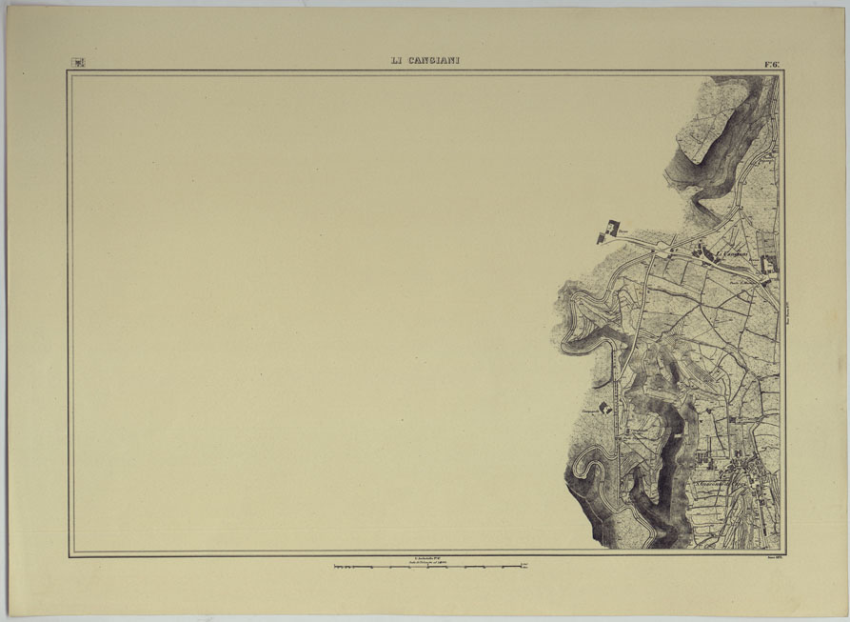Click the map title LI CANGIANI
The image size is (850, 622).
point(425,61)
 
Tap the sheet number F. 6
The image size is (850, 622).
point(772,64)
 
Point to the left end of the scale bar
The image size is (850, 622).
point(334,567)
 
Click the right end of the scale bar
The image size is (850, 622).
point(526,567)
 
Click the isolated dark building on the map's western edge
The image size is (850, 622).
point(608,230)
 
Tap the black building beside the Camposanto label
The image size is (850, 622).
point(604,407)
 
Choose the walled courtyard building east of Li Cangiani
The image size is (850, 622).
point(769,263)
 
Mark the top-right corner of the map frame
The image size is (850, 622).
point(782,72)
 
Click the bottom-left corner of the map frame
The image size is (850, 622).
point(69,556)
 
